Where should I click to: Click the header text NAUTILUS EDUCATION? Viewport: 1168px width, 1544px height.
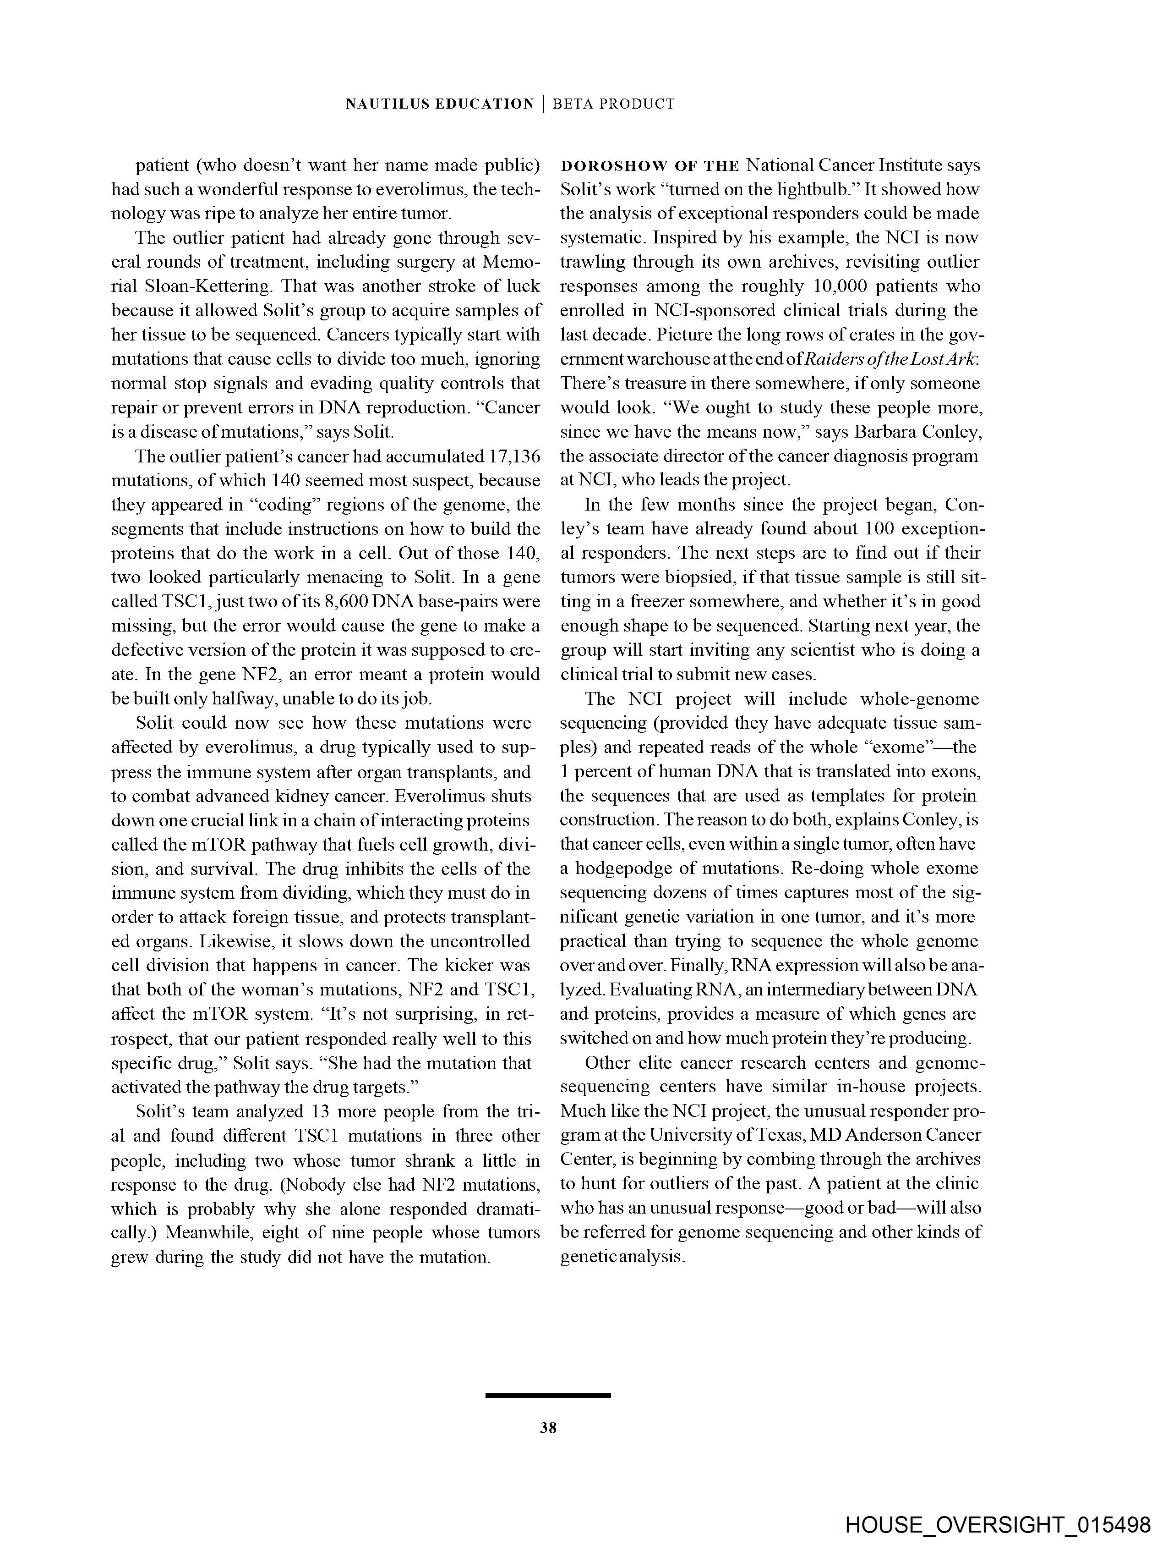tap(440, 104)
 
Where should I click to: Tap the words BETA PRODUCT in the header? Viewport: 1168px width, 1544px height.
tap(614, 104)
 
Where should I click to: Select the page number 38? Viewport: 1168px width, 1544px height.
tap(548, 1428)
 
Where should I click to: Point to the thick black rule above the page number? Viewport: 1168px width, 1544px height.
tap(548, 1396)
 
